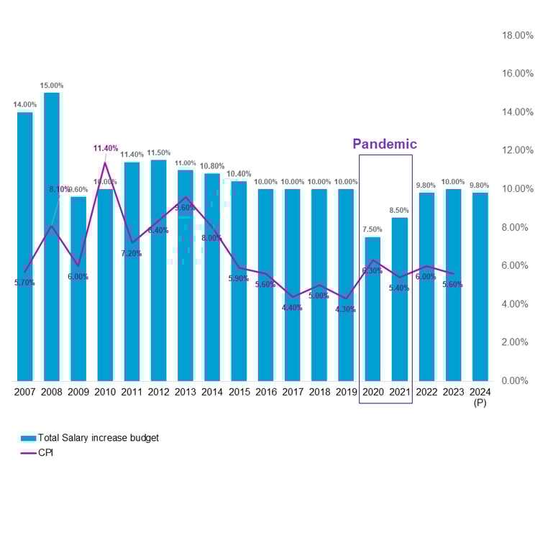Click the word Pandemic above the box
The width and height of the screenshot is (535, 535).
tap(385, 144)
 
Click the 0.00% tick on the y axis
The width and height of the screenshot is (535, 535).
tap(518, 380)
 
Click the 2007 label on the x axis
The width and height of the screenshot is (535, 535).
tap(25, 392)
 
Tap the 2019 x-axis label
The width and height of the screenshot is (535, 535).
tap(346, 392)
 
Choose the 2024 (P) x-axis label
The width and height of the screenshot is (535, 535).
tap(480, 397)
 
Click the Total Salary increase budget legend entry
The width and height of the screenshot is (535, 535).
tap(90, 437)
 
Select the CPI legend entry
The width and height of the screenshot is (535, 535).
tap(45, 453)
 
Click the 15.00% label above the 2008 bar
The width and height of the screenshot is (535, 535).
tap(52, 86)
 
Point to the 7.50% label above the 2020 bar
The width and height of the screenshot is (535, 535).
tap(372, 229)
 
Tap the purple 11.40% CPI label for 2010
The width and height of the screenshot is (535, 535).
tap(105, 148)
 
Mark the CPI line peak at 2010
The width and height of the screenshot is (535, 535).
tap(106, 163)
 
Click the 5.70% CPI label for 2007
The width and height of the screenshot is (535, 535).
tap(24, 283)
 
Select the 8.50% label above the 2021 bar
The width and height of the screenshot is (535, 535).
tap(399, 211)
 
